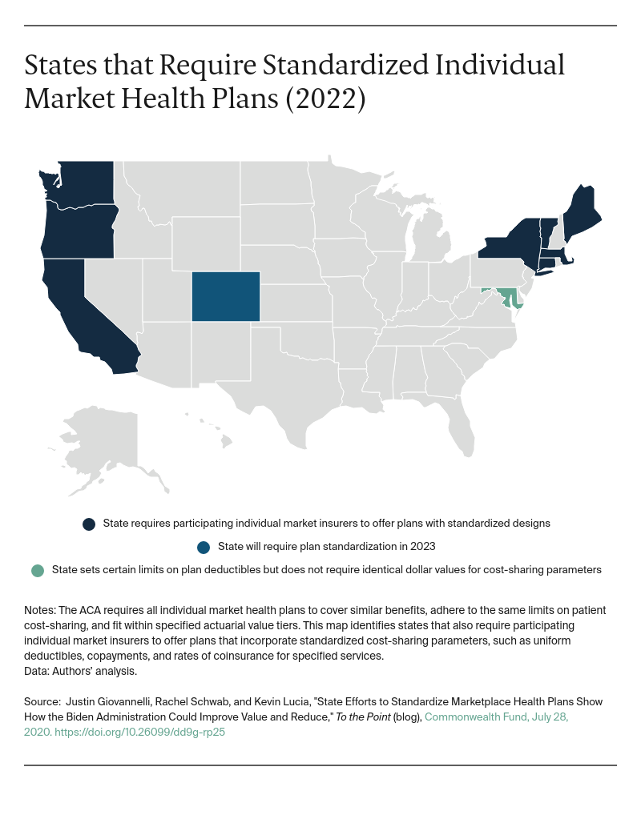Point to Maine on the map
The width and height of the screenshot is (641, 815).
click(x=581, y=211)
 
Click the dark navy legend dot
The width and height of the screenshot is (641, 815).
click(x=89, y=524)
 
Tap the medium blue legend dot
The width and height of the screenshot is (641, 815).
click(x=204, y=548)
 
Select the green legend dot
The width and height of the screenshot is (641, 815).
click(x=37, y=571)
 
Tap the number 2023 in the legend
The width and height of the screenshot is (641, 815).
click(x=421, y=547)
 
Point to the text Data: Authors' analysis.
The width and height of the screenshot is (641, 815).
click(x=81, y=672)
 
